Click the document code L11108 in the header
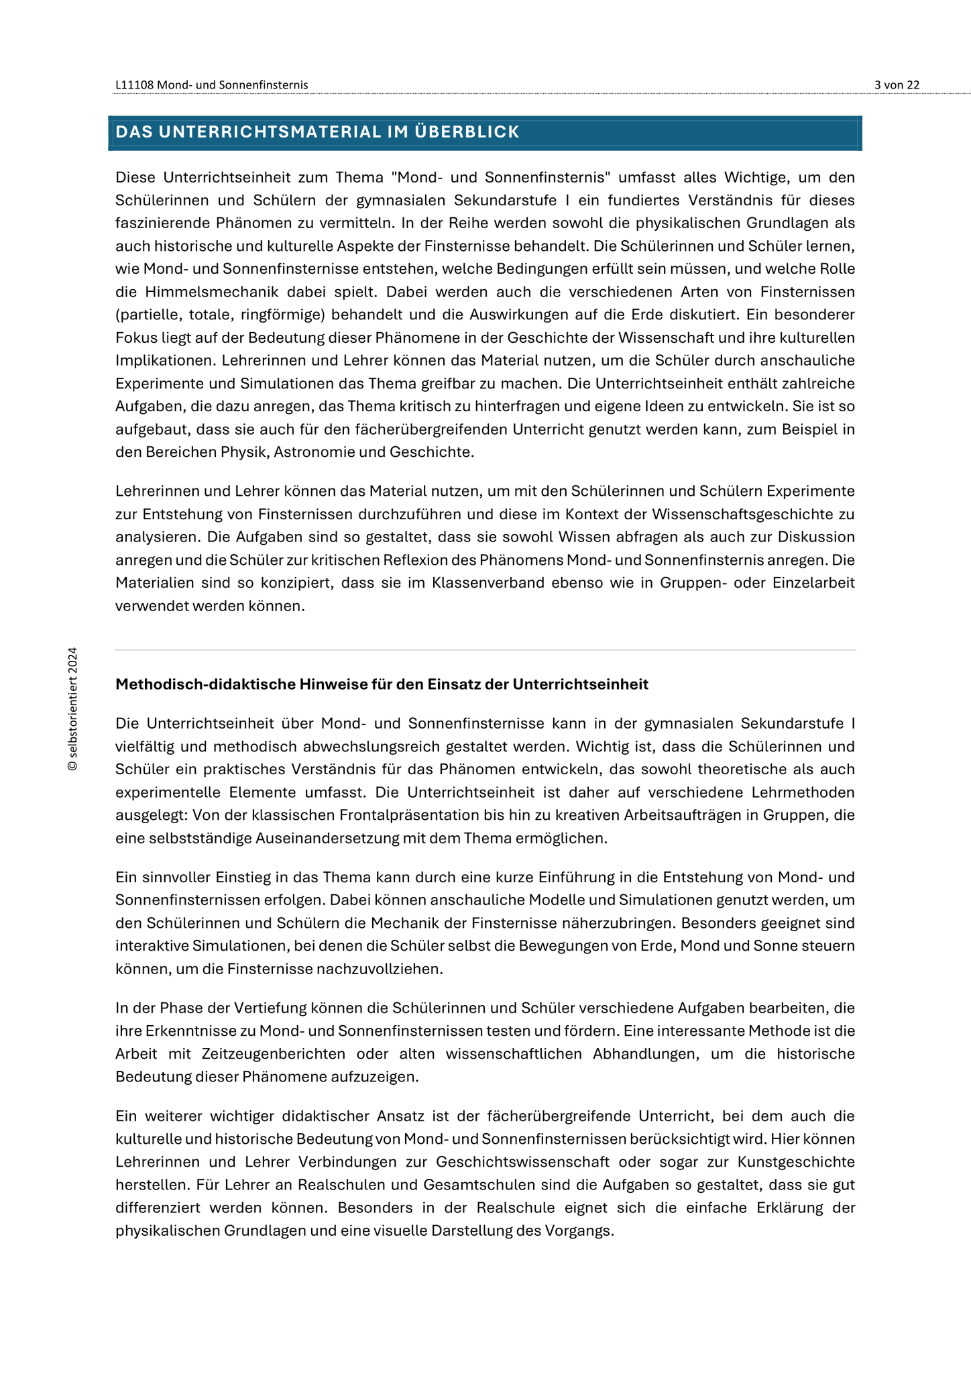(135, 85)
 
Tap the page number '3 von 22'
(897, 85)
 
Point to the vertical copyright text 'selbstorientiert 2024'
(72, 708)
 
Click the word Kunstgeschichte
(796, 1162)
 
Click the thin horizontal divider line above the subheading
(485, 650)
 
